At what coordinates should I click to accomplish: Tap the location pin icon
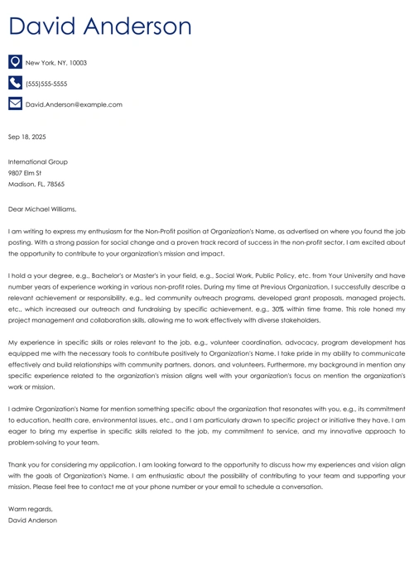tap(15, 62)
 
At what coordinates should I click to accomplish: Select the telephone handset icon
tap(15, 83)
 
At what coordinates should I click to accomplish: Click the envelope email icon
tap(15, 104)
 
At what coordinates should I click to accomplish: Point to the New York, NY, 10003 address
tap(55, 63)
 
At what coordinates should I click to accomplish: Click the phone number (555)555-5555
tap(46, 84)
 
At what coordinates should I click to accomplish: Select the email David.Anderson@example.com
tap(74, 105)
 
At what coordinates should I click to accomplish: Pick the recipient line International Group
tap(37, 162)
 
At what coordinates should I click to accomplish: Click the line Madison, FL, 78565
tap(36, 185)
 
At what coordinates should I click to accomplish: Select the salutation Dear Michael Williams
tap(41, 209)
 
